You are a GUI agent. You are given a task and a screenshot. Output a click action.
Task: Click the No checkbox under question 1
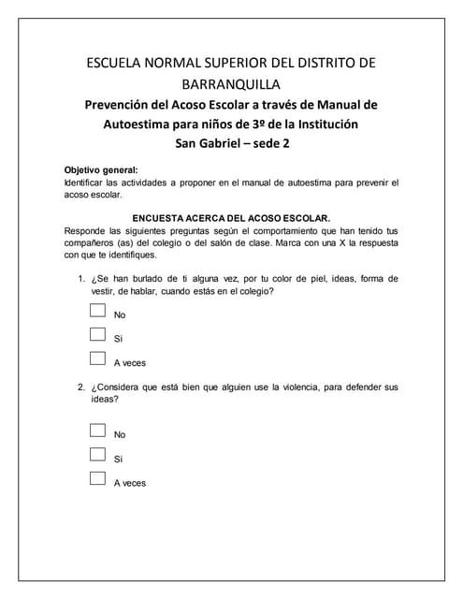tap(97, 312)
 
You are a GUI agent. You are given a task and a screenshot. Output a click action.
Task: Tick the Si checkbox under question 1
tap(97, 334)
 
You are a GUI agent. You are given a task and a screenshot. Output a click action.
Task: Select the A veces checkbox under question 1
tap(97, 358)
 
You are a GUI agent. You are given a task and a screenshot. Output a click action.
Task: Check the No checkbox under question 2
tap(97, 431)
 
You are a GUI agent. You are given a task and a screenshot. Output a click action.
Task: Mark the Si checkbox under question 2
tap(97, 455)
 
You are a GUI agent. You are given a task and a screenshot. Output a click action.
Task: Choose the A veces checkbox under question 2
tap(97, 478)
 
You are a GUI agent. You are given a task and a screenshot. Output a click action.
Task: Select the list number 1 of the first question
tap(81, 278)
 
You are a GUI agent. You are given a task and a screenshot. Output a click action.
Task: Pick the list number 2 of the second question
tap(81, 387)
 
